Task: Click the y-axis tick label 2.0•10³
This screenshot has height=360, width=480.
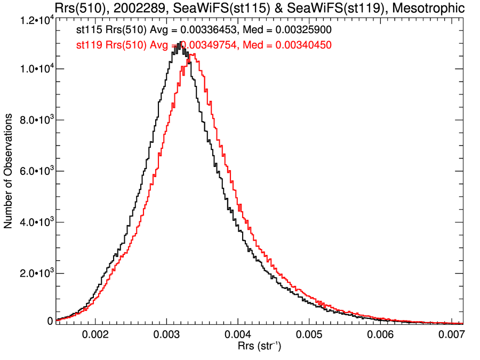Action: pyautogui.click(x=34, y=273)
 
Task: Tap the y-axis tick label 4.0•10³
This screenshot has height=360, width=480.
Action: pyautogui.click(x=34, y=222)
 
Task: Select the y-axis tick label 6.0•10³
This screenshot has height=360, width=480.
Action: pyautogui.click(x=34, y=171)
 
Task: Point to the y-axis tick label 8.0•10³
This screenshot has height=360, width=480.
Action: pyautogui.click(x=34, y=120)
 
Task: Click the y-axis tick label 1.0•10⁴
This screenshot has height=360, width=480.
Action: pyautogui.click(x=34, y=69)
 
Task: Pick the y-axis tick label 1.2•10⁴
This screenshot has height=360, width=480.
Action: pyautogui.click(x=34, y=20)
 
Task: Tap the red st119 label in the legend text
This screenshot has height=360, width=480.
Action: pyautogui.click(x=87, y=46)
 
